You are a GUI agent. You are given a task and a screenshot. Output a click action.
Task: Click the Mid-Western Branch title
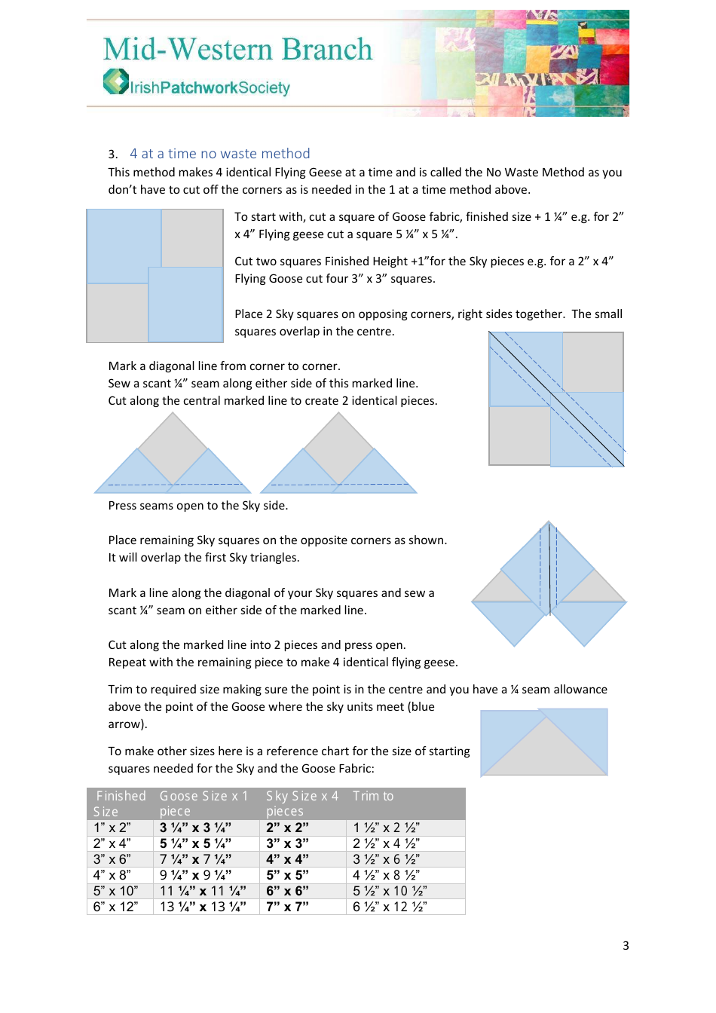click(237, 50)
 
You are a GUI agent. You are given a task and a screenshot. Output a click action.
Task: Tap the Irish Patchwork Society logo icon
click(116, 82)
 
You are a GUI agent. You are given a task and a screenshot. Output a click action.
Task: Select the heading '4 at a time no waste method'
click(219, 154)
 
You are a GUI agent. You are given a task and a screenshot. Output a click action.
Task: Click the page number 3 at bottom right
click(626, 946)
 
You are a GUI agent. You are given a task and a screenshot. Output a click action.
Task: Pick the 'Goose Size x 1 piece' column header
click(203, 803)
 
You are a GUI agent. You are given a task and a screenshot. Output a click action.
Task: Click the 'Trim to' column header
click(373, 797)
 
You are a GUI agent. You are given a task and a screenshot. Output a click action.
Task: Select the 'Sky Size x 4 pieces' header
click(301, 803)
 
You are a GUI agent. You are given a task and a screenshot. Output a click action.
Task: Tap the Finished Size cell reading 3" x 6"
click(112, 859)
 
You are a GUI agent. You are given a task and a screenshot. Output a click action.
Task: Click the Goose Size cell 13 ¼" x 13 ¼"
click(203, 907)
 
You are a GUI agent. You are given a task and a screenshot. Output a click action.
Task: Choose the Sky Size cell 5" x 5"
click(287, 875)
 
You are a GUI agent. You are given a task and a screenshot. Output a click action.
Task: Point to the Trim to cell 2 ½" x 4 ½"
click(386, 843)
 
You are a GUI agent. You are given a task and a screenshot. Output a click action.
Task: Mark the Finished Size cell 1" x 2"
click(112, 828)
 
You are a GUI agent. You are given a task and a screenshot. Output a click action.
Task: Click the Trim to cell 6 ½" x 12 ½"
click(390, 907)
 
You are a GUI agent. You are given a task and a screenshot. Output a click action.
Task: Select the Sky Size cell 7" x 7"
click(287, 907)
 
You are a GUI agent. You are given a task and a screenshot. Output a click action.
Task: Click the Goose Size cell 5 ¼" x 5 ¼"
click(195, 843)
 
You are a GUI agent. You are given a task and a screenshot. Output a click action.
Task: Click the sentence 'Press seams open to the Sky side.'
click(197, 506)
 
